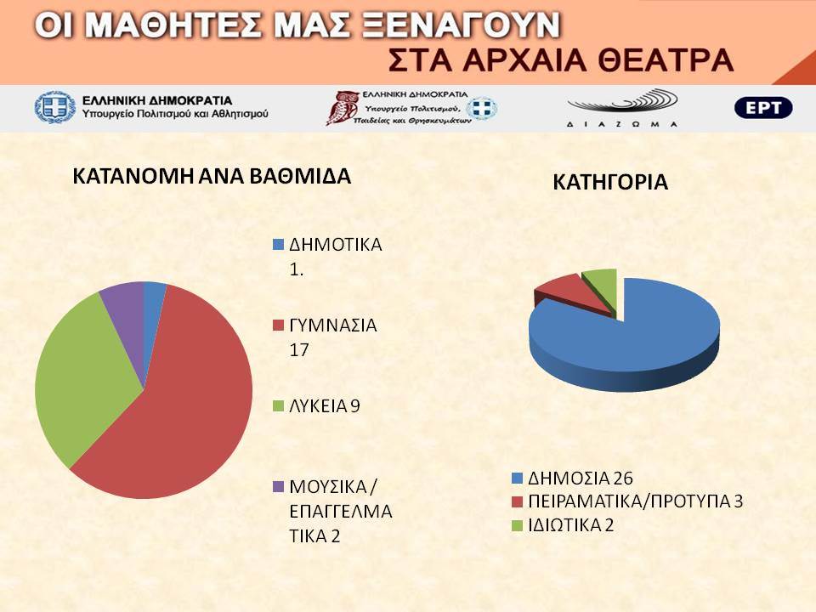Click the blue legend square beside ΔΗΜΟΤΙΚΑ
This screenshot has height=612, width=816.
[x=279, y=245]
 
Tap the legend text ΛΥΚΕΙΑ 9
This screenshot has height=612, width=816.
[x=324, y=406]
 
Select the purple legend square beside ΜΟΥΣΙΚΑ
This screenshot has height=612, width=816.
[x=279, y=487]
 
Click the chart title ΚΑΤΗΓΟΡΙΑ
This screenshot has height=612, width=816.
[x=610, y=182]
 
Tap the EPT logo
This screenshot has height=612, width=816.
[x=763, y=108]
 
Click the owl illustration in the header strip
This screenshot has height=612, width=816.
[x=341, y=108]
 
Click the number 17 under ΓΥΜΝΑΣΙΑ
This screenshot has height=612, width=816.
[x=299, y=349]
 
